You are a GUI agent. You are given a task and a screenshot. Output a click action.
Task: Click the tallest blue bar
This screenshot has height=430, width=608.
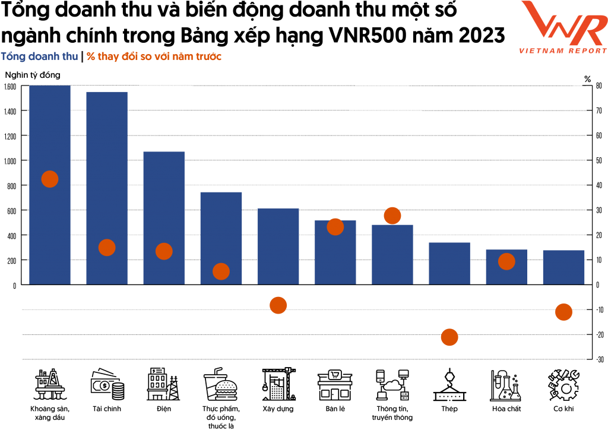click(50, 131)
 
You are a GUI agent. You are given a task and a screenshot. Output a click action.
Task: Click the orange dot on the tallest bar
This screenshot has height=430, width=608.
click(50, 179)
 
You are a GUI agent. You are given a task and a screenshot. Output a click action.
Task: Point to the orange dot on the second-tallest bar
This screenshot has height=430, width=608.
click(107, 248)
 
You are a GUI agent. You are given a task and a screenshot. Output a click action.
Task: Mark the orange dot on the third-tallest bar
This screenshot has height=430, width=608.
click(164, 251)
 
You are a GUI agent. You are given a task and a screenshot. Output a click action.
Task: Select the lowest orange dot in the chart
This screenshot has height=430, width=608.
click(449, 337)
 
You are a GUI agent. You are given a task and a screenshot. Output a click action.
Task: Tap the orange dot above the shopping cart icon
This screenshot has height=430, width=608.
click(221, 271)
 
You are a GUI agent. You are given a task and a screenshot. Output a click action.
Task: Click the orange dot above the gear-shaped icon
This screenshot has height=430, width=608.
click(563, 312)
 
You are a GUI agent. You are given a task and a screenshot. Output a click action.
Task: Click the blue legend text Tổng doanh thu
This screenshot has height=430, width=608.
click(39, 57)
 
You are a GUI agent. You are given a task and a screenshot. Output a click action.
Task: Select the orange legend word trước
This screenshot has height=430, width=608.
click(209, 57)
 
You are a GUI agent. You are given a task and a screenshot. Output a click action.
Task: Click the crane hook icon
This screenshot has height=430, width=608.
click(449, 384)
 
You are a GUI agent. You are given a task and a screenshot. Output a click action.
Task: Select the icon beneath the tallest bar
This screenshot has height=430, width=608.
click(50, 384)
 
